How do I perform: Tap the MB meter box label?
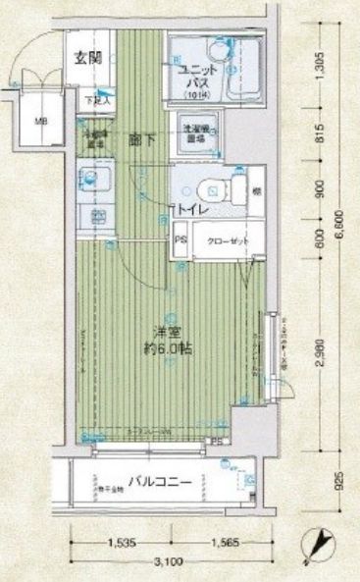pyautogui.click(x=41, y=122)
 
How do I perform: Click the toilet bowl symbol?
pyautogui.click(x=205, y=188)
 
